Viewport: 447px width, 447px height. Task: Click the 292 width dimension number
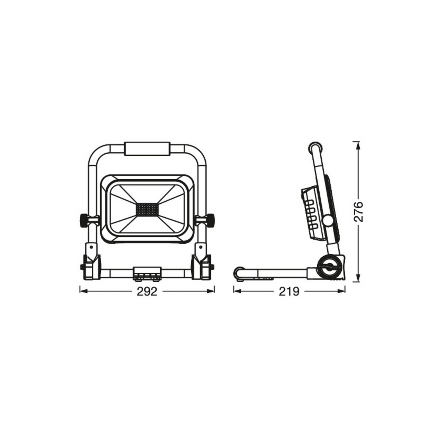click(x=147, y=291)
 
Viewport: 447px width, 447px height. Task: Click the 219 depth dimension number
click(x=289, y=291)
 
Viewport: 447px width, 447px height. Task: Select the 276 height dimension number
click(x=358, y=211)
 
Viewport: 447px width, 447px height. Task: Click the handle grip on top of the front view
click(x=147, y=149)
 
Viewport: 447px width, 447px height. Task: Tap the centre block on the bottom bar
click(x=147, y=273)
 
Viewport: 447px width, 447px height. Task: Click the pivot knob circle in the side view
click(x=327, y=221)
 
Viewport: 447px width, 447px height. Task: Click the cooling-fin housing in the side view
click(x=312, y=214)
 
